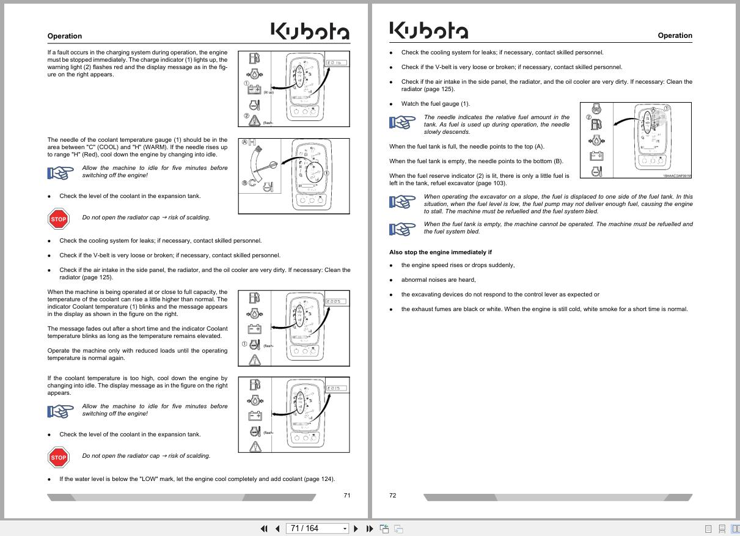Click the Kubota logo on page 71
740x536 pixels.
tap(310, 31)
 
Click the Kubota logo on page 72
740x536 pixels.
tap(428, 30)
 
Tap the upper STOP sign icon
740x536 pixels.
tap(58, 219)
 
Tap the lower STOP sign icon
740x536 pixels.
tap(58, 457)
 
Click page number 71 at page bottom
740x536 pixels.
tap(346, 495)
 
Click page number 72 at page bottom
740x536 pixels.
tap(393, 495)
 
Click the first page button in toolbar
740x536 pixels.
tap(264, 529)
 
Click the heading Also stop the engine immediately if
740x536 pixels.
tap(440, 252)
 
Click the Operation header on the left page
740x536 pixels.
tap(64, 36)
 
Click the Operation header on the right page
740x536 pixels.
tap(675, 35)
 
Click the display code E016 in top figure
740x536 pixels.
tap(336, 63)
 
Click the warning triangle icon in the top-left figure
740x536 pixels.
tap(254, 120)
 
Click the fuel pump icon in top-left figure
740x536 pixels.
tap(254, 58)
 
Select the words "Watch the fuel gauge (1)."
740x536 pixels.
tap(435, 104)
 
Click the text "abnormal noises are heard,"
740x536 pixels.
tap(438, 280)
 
